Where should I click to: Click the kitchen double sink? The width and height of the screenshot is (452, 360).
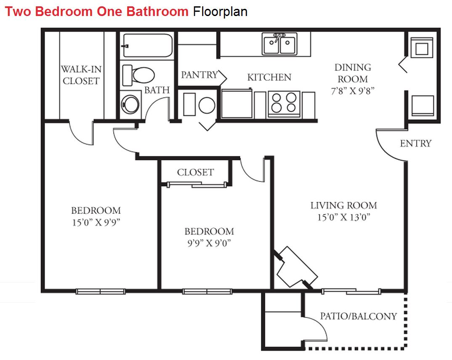pos(279,43)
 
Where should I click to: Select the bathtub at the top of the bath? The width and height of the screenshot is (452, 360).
pos(147,45)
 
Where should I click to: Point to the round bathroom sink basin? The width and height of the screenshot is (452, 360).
pos(130,104)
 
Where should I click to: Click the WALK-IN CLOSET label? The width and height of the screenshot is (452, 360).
pos(81,75)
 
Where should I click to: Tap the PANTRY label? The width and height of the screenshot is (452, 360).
pos(199,75)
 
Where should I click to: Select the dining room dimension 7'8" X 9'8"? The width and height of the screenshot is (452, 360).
pos(353,91)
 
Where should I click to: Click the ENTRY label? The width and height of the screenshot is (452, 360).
pos(416,143)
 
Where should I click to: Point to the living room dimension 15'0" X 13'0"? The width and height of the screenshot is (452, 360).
pos(343,217)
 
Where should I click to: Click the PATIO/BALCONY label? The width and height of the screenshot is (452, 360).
pos(358,317)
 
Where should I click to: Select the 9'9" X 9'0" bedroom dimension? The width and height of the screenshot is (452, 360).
pos(209,243)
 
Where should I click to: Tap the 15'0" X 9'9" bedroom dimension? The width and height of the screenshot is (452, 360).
pos(96,222)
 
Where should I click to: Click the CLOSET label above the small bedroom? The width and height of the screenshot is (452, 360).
pos(195,173)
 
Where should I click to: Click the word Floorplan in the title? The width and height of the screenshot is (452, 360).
pos(220,11)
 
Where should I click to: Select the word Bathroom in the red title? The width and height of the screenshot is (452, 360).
pos(157,11)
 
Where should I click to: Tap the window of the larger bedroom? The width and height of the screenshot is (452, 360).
pos(101,291)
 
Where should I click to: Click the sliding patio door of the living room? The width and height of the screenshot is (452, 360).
pos(351,291)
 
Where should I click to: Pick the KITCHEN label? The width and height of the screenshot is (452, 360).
pos(269,77)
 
